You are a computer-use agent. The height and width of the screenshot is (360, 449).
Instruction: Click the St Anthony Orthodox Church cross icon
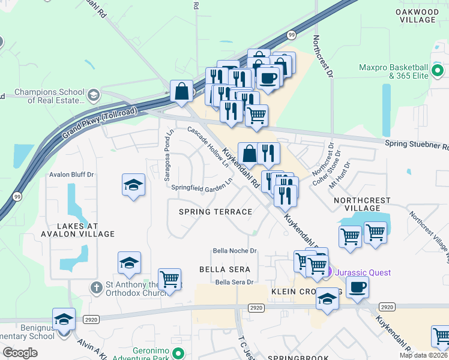pos(94,287)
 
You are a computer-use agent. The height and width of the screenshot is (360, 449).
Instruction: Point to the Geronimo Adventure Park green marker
pos(176,352)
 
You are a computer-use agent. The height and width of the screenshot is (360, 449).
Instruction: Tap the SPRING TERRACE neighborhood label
pos(215,212)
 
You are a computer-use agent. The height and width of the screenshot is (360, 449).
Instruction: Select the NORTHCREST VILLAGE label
pos(362,204)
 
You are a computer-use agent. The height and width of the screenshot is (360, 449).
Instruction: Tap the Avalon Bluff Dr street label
pos(72,175)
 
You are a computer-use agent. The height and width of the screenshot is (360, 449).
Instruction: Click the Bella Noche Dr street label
pos(235,251)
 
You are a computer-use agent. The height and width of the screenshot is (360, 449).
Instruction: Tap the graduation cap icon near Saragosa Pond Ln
pos(133,185)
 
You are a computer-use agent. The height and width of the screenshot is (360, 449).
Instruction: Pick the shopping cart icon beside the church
pos(170,279)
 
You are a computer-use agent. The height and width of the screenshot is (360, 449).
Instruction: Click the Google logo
pos(20,353)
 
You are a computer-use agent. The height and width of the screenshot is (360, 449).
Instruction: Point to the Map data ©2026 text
pos(423,355)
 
